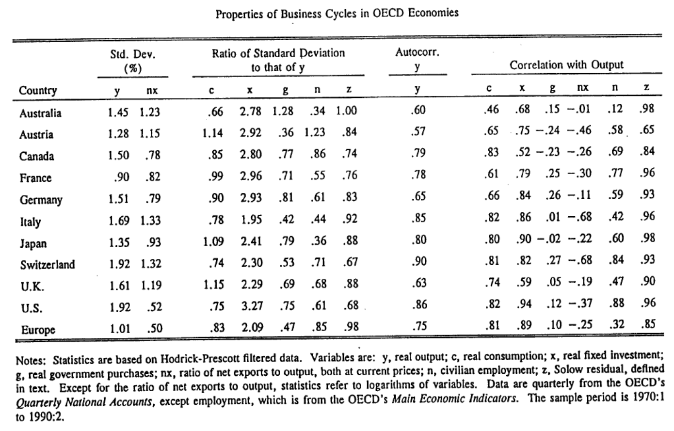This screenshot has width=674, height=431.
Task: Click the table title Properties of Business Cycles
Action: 337,14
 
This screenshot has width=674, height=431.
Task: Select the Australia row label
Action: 40,113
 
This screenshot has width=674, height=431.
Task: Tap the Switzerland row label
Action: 48,265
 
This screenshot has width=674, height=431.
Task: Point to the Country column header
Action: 38,90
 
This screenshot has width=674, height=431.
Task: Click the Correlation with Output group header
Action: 566,64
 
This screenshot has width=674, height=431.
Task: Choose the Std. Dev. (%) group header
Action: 133,61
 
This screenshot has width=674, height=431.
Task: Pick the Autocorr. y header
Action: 417,59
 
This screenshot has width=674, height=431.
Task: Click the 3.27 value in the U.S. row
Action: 252,305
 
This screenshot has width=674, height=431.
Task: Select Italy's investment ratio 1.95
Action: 252,220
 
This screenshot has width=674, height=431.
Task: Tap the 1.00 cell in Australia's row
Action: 346,111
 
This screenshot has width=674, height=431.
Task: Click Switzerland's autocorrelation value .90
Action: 419,261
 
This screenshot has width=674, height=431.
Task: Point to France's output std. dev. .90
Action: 122,177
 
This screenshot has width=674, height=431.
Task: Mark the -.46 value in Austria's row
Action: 579,130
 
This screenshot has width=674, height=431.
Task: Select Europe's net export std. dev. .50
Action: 155,328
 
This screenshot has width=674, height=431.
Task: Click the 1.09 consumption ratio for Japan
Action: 213,241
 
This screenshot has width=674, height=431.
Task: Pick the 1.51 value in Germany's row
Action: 118,198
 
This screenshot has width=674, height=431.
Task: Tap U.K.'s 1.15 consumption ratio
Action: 214,284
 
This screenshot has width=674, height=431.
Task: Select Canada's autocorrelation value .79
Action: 419,153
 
